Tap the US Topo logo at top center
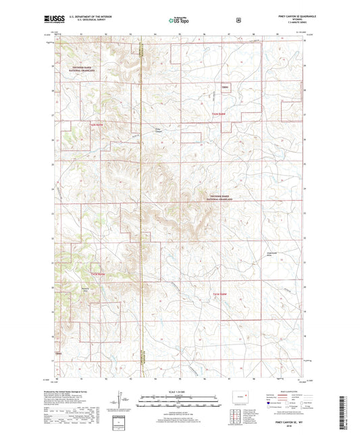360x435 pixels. pyautogui.click(x=179, y=21)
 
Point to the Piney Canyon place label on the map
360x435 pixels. pyautogui.click(x=159, y=130)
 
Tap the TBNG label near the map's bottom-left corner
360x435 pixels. pyautogui.click(x=58, y=353)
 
